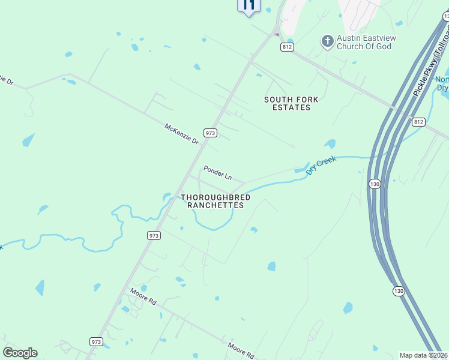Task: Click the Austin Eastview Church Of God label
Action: point(364,42)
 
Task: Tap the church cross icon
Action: point(327,41)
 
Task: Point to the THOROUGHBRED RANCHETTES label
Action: point(215,201)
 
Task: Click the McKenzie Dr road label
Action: point(181,133)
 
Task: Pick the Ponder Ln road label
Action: point(217,173)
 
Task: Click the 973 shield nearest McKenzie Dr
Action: point(209,133)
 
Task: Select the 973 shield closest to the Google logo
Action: point(96,341)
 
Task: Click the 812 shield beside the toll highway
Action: point(418,121)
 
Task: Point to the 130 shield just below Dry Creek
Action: point(375,184)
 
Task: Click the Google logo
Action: point(20,353)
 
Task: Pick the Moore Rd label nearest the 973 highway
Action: point(143,296)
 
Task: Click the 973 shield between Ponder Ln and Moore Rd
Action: point(154,236)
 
